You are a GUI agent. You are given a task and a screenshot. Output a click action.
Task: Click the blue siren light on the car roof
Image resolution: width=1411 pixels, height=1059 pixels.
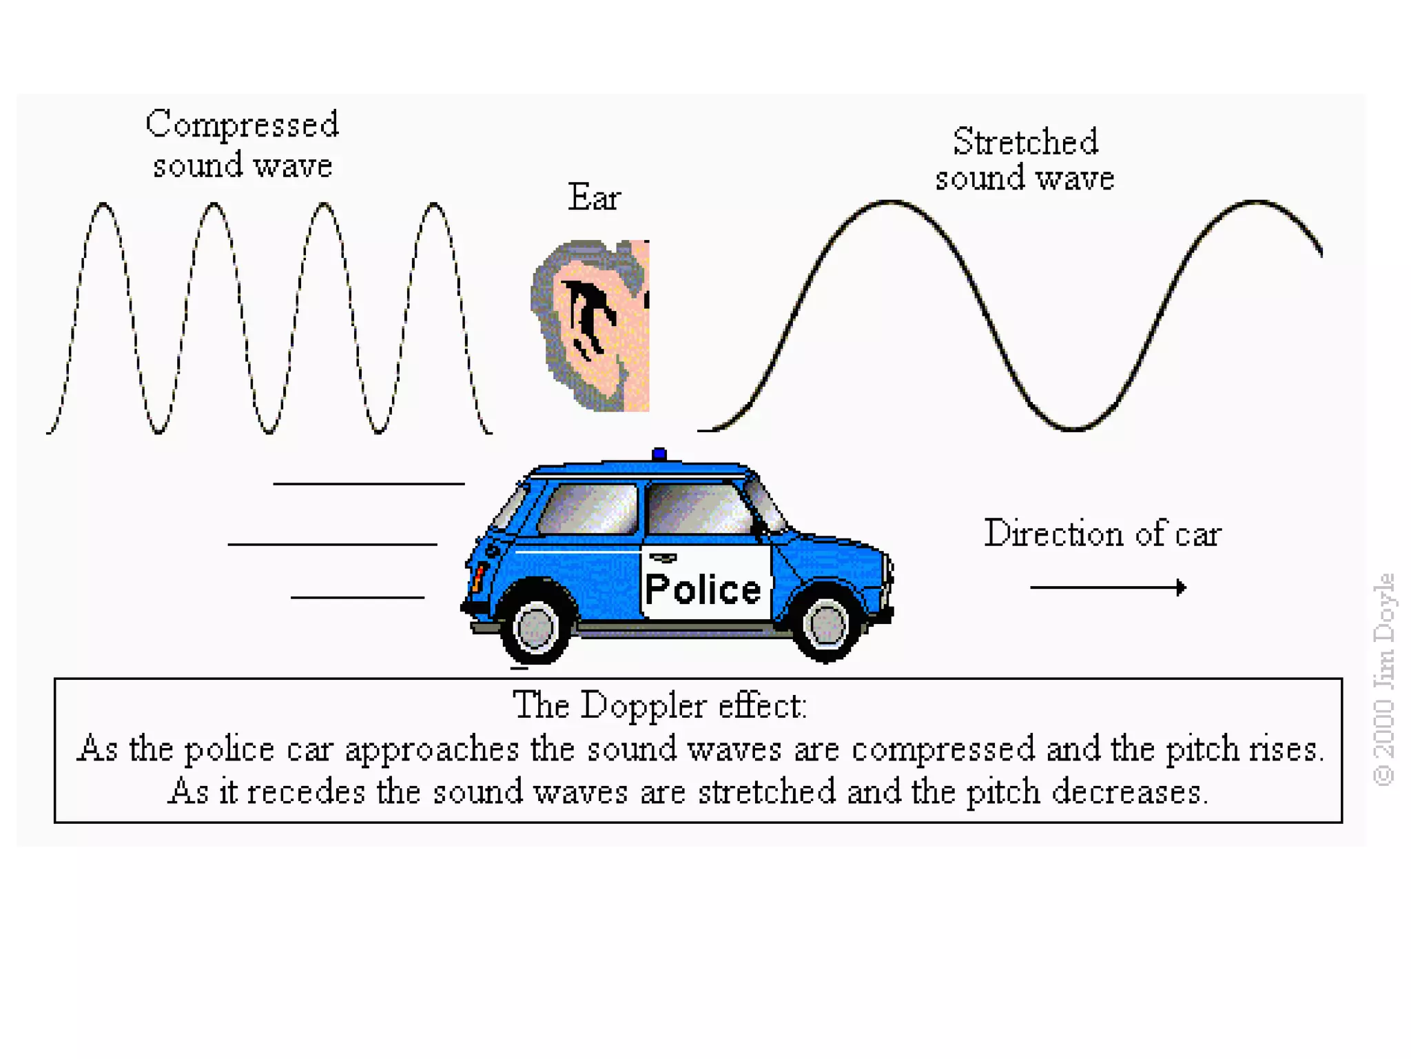click(x=659, y=454)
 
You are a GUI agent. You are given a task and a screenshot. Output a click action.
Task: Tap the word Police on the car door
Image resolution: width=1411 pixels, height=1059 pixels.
click(x=703, y=589)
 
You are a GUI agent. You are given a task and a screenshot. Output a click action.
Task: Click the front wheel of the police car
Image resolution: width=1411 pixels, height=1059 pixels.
click(x=826, y=625)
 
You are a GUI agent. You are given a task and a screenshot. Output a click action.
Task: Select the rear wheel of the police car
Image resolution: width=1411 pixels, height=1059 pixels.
click(x=535, y=627)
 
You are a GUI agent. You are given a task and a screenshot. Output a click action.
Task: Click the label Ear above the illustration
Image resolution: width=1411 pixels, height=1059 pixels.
click(x=594, y=197)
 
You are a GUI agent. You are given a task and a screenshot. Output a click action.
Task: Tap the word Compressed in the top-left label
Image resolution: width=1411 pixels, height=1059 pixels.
click(x=242, y=125)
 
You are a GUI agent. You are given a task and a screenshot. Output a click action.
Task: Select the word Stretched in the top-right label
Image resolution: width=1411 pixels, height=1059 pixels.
click(x=1025, y=142)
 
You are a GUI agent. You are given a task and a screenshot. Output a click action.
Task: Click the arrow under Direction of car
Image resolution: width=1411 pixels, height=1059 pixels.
click(x=1108, y=587)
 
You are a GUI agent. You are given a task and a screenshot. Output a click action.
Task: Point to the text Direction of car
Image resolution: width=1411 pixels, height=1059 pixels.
click(x=1102, y=534)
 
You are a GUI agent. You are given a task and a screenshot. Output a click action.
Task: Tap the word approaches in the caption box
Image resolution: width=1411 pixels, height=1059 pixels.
click(x=432, y=749)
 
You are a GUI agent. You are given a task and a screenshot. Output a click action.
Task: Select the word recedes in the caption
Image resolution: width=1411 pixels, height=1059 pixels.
click(x=306, y=792)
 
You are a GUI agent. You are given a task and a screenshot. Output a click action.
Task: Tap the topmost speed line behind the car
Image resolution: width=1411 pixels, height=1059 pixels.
click(x=369, y=484)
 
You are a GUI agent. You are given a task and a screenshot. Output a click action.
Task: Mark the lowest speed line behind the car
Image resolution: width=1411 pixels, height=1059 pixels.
click(x=357, y=597)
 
